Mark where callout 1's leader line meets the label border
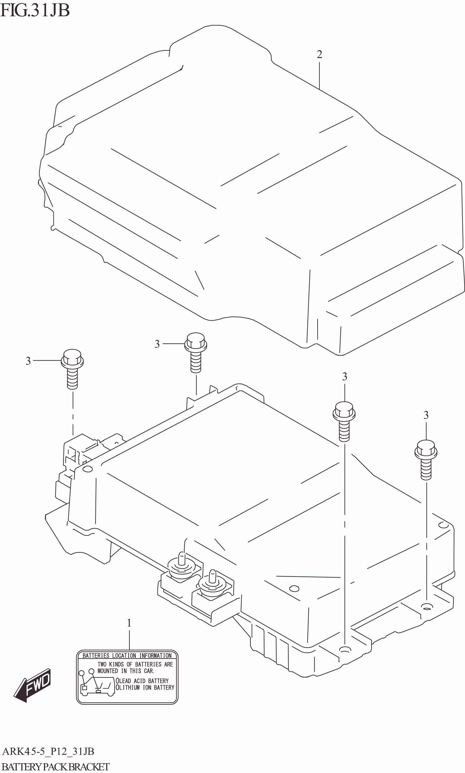pos(129,651)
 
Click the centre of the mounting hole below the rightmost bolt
pos(426,607)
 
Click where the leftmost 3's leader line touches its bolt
pos(61,360)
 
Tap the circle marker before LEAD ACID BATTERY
pos(118,681)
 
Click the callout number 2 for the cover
pos(319,54)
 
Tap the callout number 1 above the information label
pos(129,623)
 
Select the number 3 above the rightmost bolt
pos(426,415)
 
